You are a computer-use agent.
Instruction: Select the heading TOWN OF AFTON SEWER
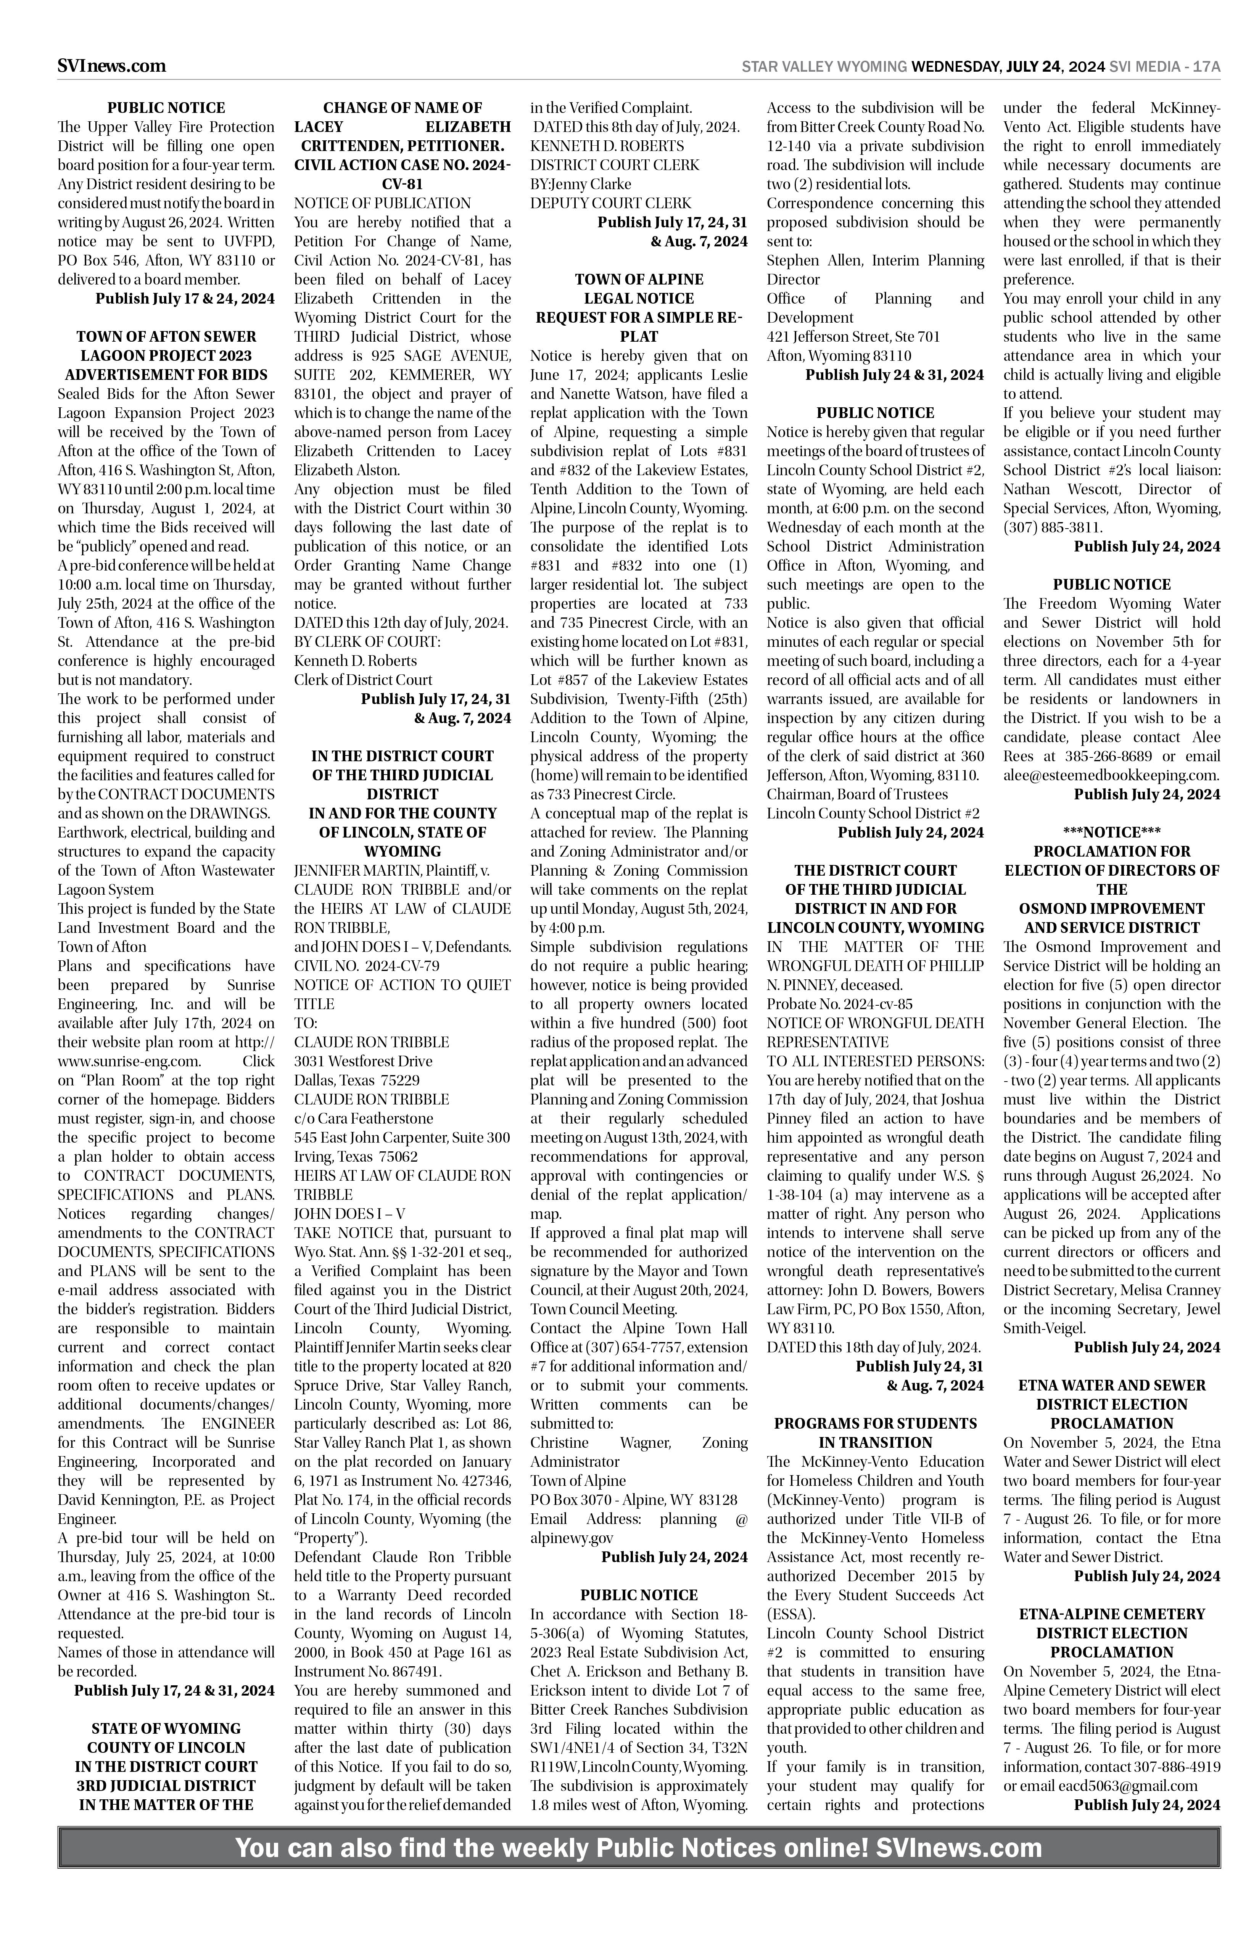166,337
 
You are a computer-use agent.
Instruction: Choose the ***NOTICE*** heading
1112,832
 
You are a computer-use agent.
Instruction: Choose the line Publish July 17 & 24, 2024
185,298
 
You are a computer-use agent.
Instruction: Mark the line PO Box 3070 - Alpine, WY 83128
634,1500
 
